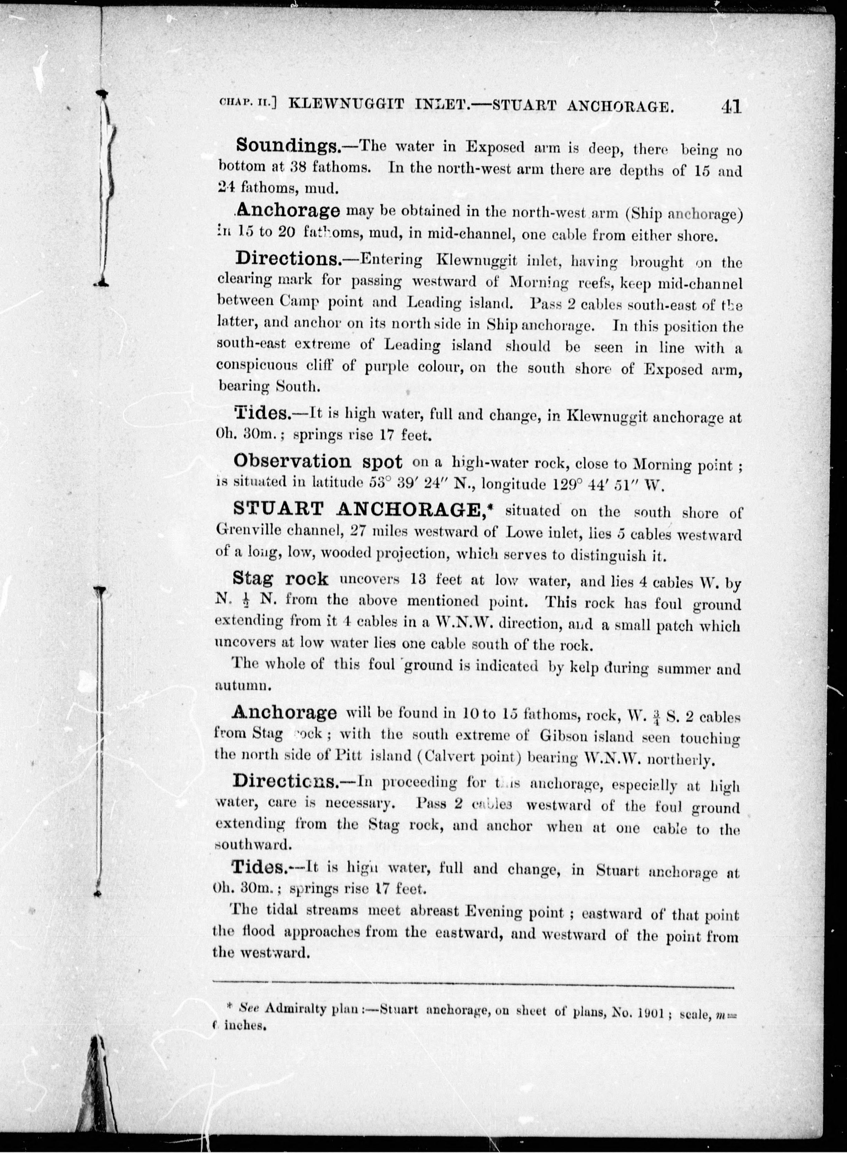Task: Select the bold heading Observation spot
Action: coord(317,462)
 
